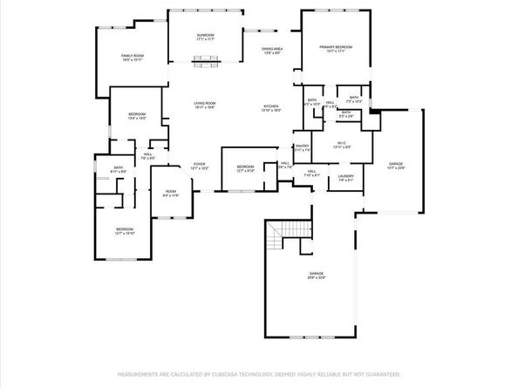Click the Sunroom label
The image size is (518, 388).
pyautogui.click(x=205, y=35)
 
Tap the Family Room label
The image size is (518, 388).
pyautogui.click(x=133, y=56)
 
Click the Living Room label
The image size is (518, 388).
pyautogui.click(x=205, y=104)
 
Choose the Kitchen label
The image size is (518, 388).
pyautogui.click(x=271, y=106)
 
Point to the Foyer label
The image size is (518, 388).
pyautogui.click(x=199, y=164)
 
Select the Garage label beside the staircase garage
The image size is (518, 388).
pyautogui.click(x=316, y=274)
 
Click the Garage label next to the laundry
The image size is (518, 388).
pyautogui.click(x=396, y=164)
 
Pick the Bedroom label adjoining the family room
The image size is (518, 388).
pyautogui.click(x=138, y=115)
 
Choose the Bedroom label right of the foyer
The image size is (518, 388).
pyautogui.click(x=246, y=167)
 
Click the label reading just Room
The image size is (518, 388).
pyautogui.click(x=171, y=192)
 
